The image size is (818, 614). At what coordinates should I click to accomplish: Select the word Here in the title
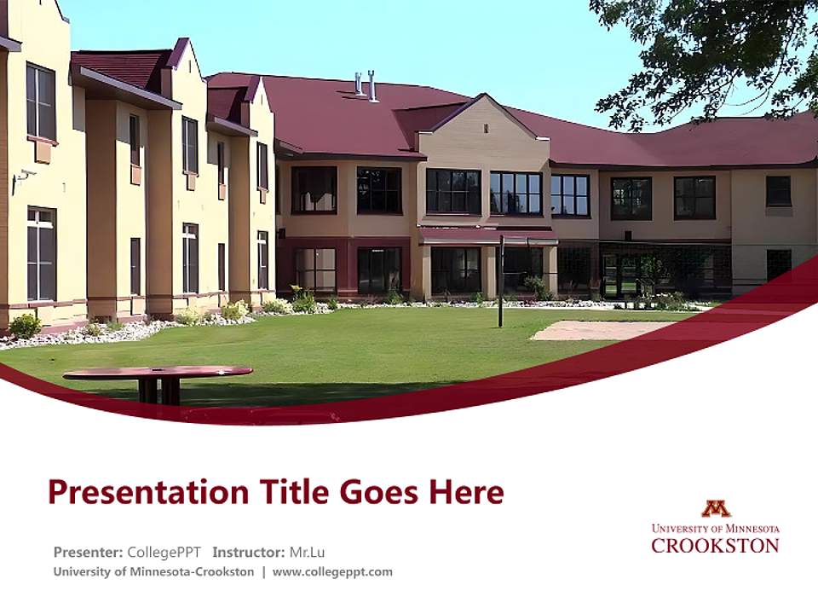coord(465,493)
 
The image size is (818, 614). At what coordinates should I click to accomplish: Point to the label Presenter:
coord(88,552)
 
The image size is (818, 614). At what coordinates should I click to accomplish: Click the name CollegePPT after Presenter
coord(164,552)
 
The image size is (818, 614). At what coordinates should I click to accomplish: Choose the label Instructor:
coord(249,552)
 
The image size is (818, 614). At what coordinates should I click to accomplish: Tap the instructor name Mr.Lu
coord(307,552)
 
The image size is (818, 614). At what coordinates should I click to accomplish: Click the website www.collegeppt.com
coord(332,571)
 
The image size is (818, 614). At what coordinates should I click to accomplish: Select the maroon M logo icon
coord(716,509)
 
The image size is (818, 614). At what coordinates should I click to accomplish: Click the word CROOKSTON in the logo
coord(715,545)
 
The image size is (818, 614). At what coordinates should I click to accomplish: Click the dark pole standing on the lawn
coord(501,281)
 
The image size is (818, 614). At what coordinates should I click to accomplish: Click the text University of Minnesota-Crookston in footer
coord(153,571)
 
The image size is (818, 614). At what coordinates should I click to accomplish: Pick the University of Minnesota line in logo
coord(715,528)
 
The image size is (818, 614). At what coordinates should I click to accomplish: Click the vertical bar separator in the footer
coord(263,571)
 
